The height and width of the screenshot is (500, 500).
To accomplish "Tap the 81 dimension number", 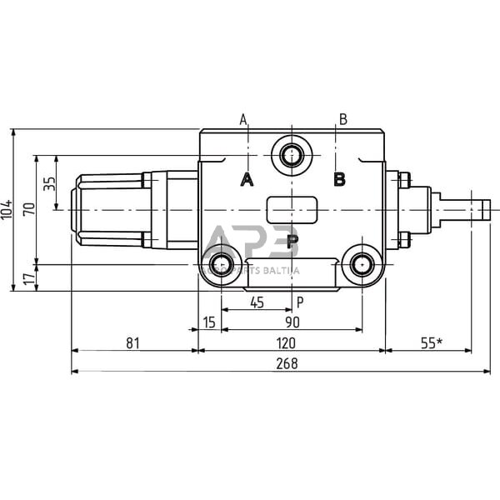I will [132, 342].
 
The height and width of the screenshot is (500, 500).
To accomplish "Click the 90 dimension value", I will [292, 322].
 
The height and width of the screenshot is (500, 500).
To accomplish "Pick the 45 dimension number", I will [257, 302].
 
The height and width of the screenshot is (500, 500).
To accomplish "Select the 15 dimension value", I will [208, 322].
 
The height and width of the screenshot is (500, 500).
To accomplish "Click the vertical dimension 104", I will [7, 210].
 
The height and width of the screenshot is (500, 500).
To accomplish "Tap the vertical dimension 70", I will [30, 210].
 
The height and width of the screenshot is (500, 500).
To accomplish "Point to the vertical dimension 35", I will [49, 182].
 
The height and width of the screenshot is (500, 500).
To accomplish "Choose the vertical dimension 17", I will [30, 278].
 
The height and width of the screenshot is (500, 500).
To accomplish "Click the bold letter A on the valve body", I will [247, 179].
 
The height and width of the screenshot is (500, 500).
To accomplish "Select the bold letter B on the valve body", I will [339, 179].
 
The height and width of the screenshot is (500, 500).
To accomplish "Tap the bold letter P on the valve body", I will [292, 242].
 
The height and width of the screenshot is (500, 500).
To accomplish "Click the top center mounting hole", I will [292, 155].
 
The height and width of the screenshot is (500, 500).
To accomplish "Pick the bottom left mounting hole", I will [221, 266].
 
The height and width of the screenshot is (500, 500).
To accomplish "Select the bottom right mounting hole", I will [362, 266].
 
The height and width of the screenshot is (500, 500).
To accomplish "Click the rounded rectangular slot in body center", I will [292, 209].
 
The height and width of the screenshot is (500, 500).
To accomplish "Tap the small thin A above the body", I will [243, 119].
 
